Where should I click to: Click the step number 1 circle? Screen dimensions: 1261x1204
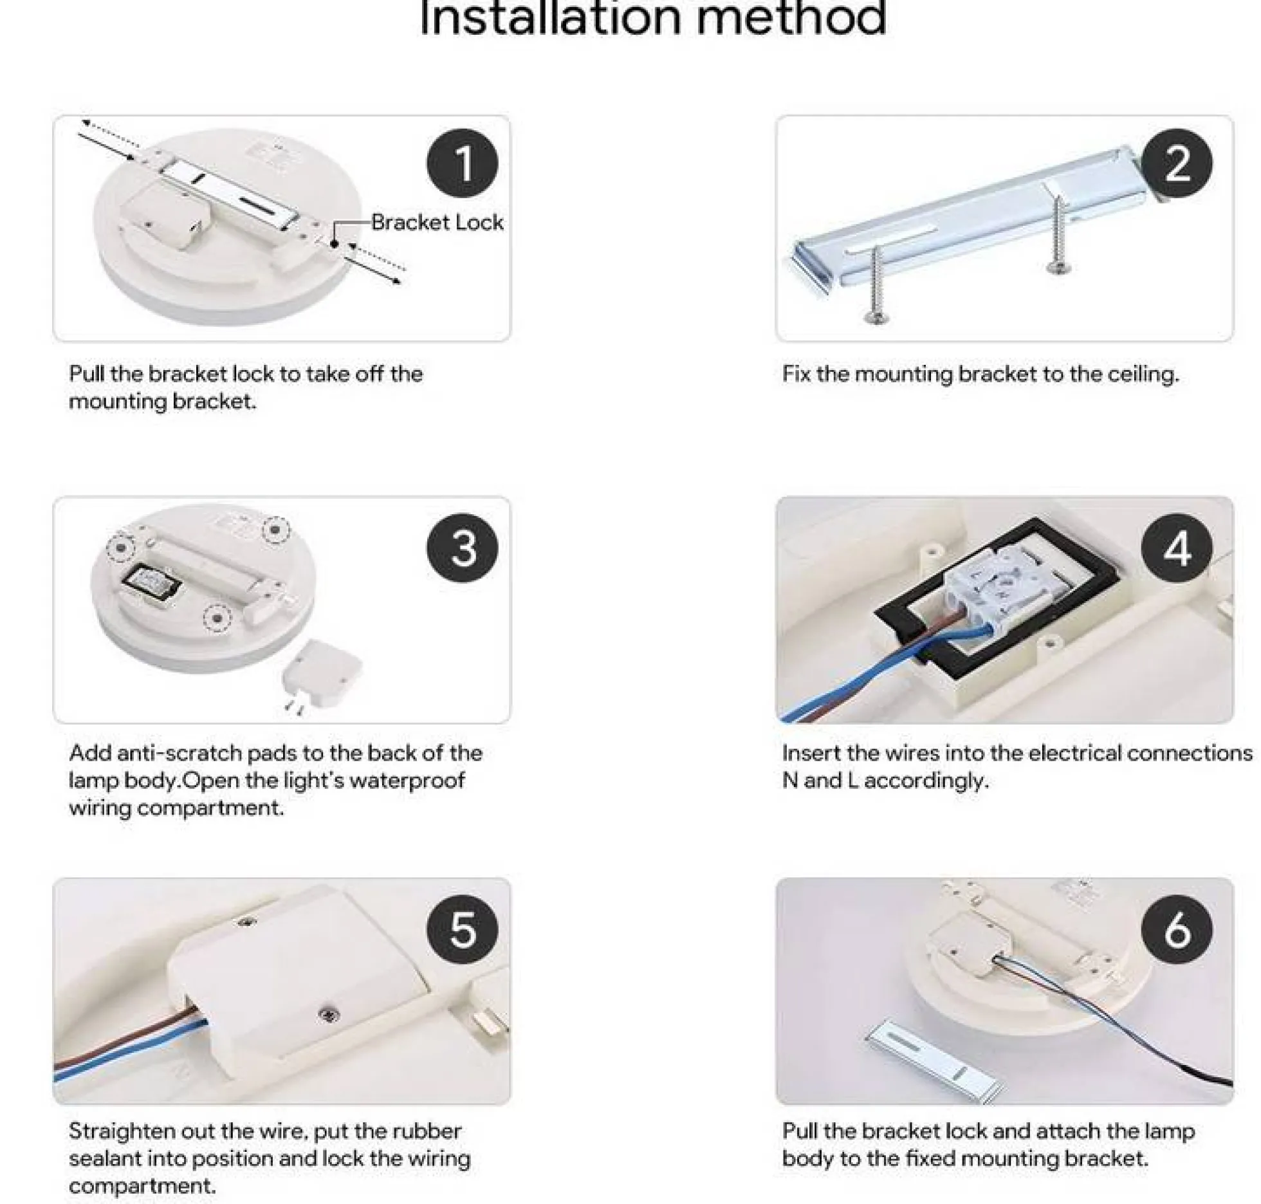click(462, 163)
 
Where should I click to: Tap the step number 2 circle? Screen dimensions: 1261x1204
click(1177, 163)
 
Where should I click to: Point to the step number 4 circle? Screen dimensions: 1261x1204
click(1177, 549)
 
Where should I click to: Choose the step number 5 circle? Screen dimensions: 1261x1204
click(462, 930)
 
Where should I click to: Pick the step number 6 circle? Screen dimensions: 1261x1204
click(1177, 930)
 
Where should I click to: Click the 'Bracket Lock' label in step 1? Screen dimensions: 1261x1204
click(437, 223)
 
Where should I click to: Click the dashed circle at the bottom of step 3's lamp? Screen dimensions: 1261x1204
click(217, 618)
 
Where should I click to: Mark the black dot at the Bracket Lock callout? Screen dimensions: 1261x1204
click(335, 245)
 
